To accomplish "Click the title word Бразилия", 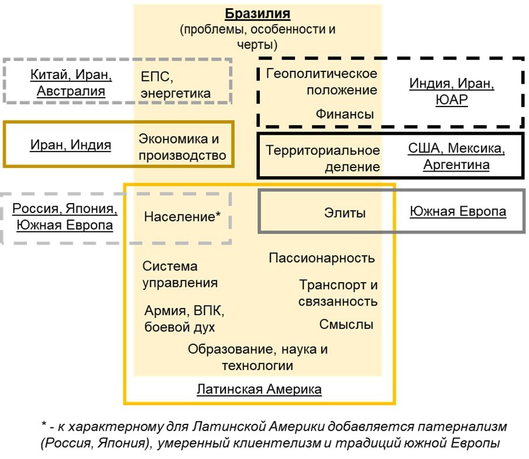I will coord(257,13).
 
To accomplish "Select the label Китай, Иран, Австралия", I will coord(71,83).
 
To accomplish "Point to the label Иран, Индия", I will coord(71,145).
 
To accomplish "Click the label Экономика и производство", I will coord(182,147).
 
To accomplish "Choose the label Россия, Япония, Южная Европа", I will coord(65,217).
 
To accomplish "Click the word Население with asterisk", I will coord(182,216).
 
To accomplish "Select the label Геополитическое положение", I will coord(321,82).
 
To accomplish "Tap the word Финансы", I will coord(345,114).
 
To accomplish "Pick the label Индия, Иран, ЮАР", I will coord(452,91).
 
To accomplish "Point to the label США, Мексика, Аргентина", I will coord(456,156).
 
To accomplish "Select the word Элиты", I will coord(345,213).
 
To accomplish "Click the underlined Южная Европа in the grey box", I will coord(458,212).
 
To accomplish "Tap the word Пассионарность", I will coord(322,258).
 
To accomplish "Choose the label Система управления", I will coord(180,275).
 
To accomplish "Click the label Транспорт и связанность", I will coord(338,293).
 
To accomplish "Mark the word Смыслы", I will coord(346,324).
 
